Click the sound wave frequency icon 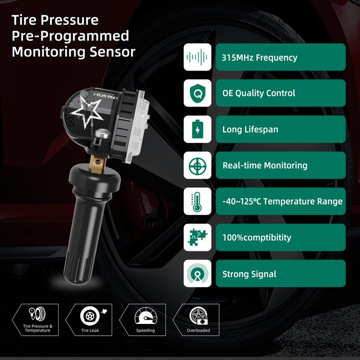197,57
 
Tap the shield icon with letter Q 197,93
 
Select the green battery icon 197,130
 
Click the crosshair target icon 197,166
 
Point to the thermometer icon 197,202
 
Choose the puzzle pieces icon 197,238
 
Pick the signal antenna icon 197,274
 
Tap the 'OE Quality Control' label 259,94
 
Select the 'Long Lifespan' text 250,130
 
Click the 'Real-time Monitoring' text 265,166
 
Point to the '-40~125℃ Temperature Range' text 282,202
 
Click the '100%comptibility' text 256,238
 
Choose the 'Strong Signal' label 249,274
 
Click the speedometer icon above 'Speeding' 145,315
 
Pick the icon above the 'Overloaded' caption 198,315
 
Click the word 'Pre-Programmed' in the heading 70,36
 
